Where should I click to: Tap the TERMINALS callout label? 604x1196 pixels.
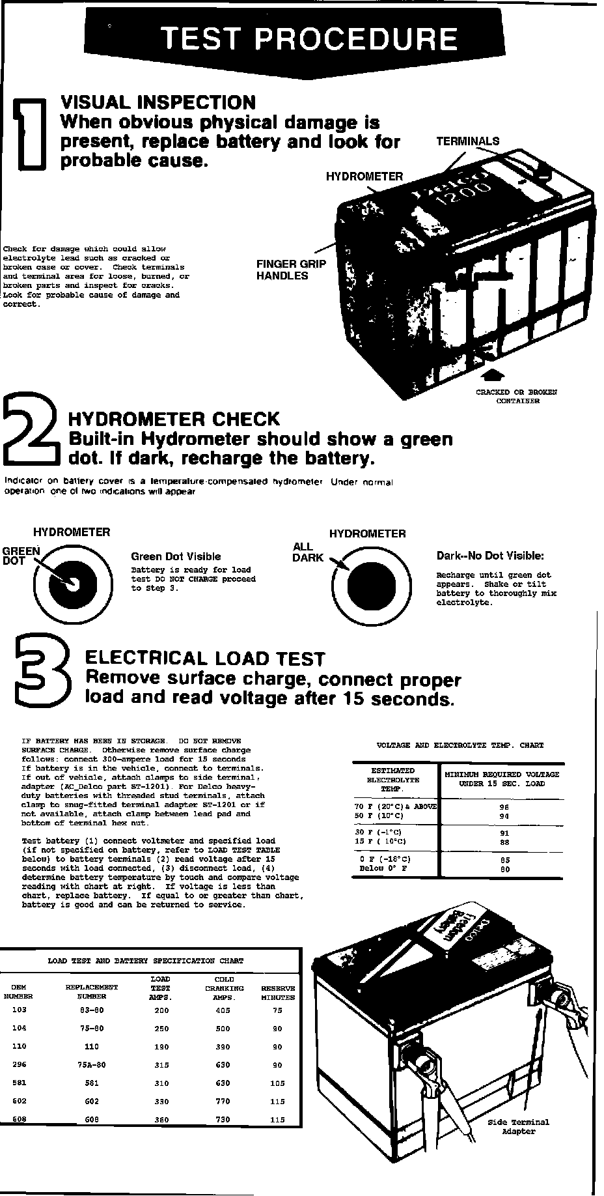click(467, 141)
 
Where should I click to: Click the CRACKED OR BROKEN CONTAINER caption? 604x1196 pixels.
click(516, 397)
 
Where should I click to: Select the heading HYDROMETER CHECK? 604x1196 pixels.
click(174, 419)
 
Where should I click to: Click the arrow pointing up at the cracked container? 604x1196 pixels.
click(495, 375)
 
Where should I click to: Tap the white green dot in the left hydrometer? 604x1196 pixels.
click(71, 582)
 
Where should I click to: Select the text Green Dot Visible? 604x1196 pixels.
click(176, 556)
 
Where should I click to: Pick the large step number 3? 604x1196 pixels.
click(40, 675)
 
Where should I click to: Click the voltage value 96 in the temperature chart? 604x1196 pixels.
click(504, 807)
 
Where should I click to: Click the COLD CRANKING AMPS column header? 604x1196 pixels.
click(224, 988)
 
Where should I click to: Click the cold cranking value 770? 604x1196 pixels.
click(224, 1101)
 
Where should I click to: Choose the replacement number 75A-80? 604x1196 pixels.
click(92, 1064)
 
